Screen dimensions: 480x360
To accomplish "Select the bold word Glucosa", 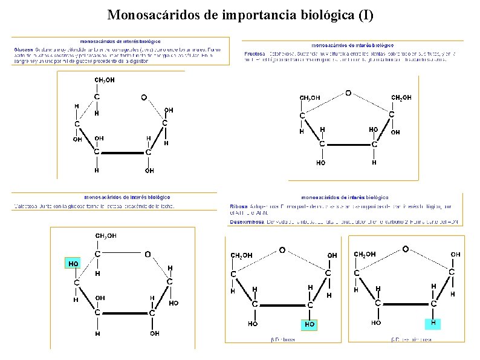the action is click(x=24, y=48).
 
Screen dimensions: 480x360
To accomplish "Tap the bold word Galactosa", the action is click(x=27, y=206).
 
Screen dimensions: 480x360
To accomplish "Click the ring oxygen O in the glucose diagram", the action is click(x=144, y=97).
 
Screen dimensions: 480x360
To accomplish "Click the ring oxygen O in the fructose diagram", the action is click(x=348, y=93).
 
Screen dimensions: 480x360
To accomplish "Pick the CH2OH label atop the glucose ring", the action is click(x=104, y=79).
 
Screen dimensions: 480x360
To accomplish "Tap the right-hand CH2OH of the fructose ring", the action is click(x=402, y=97).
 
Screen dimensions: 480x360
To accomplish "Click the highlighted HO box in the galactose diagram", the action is click(x=73, y=264).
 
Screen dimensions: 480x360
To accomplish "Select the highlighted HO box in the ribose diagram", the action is click(x=310, y=324).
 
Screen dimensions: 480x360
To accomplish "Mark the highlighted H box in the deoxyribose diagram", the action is click(x=433, y=323).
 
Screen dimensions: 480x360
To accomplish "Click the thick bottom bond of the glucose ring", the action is click(x=121, y=152).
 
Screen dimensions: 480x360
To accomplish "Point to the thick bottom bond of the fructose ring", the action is click(x=348, y=145).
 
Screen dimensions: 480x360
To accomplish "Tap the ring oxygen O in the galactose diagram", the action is click(x=148, y=254).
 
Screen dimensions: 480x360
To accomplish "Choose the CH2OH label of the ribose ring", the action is click(x=242, y=255).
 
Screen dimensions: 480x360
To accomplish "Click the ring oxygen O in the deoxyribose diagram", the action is click(x=405, y=248).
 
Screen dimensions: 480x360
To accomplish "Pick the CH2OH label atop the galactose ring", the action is click(x=106, y=235).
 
